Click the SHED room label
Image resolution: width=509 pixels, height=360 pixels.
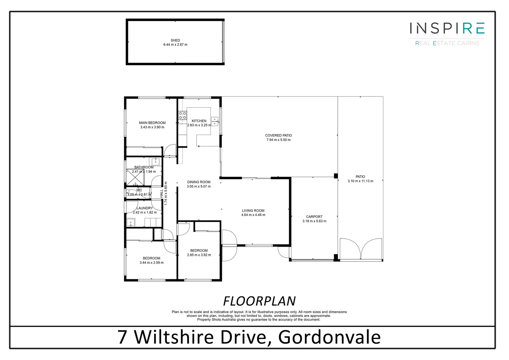point(175,40)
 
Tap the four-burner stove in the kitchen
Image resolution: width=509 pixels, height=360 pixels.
point(183,115)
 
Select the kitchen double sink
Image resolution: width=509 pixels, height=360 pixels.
point(215,121)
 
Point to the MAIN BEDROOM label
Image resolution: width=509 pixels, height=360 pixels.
point(152,123)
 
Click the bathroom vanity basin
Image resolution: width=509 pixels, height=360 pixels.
point(156,162)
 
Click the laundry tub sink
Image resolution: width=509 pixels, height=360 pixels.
point(130,222)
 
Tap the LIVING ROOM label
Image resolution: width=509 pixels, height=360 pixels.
point(253,210)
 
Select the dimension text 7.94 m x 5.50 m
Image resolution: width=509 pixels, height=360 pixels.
point(278,140)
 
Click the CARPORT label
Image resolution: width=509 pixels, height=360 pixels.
point(314,217)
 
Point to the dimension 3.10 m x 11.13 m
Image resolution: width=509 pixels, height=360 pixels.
point(360,181)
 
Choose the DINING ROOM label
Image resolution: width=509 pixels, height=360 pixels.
point(199,182)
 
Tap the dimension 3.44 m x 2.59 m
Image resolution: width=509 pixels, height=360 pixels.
point(152,263)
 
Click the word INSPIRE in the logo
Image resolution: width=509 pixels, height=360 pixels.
point(447,28)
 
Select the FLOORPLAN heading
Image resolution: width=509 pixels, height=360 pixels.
point(259,301)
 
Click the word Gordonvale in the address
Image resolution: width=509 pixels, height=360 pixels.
point(329,337)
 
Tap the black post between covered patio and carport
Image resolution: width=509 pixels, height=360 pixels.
point(336,176)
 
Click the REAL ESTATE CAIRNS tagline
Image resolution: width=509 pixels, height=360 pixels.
point(447,43)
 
